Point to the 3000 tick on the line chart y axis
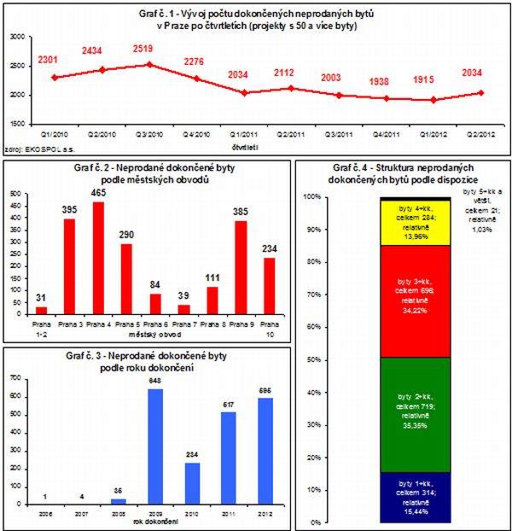tap(18, 37)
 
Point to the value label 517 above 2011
tap(229, 404)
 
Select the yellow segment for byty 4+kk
tap(404, 223)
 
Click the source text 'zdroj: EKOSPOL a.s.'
tap(32, 149)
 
